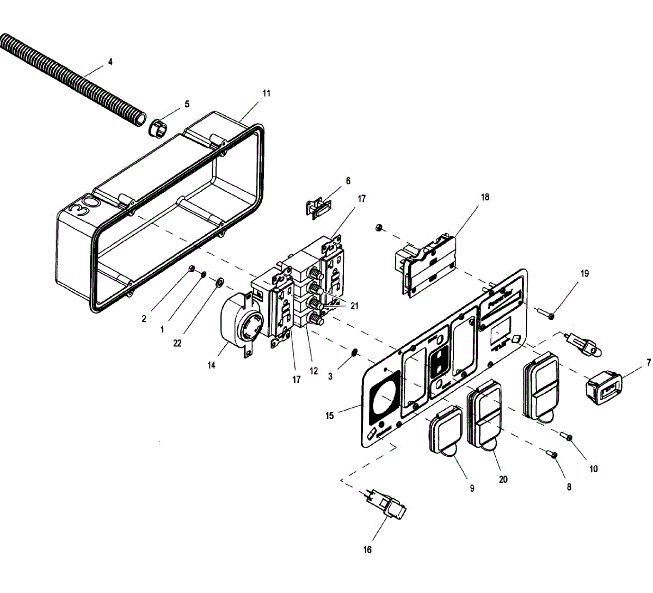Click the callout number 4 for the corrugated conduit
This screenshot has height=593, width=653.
(x=110, y=62)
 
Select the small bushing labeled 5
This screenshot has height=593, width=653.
(x=157, y=128)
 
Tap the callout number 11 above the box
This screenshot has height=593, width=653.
(x=266, y=93)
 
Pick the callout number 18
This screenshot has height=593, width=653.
(x=485, y=197)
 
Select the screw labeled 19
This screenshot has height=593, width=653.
(x=546, y=314)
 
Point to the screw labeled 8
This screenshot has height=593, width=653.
(x=552, y=454)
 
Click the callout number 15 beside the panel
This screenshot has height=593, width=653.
(x=330, y=416)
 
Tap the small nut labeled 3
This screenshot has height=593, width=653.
(x=354, y=352)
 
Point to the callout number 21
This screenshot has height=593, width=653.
(x=355, y=306)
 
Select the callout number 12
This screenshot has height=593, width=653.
(x=314, y=371)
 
